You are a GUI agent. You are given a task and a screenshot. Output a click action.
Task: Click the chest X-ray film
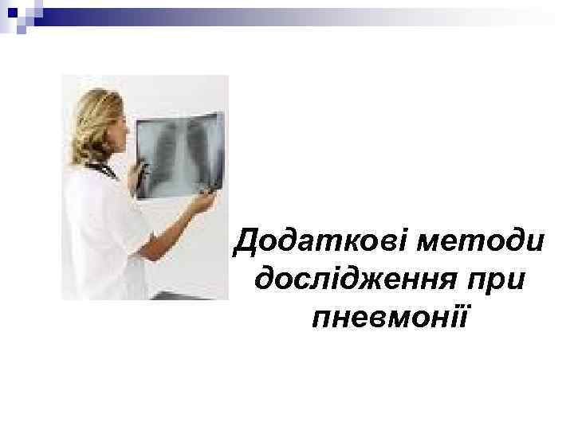tap(179, 154)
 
